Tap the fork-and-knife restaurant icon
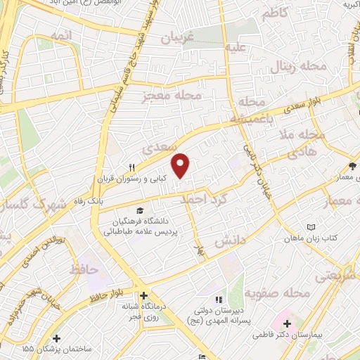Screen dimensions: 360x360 coord(131,168)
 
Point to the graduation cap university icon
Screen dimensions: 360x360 coord(140,211)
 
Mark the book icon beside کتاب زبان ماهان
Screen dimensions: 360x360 coord(311,229)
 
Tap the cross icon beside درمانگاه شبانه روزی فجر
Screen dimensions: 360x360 coord(144,296)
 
